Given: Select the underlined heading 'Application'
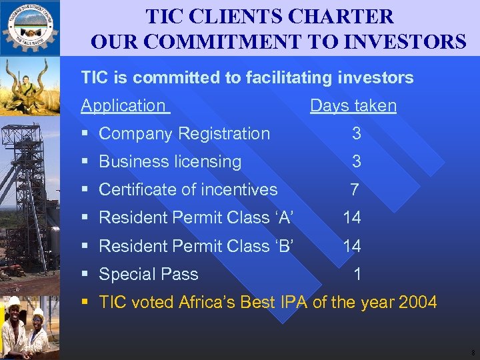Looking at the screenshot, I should click(x=123, y=105).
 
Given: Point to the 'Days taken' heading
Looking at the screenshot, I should click(x=353, y=105).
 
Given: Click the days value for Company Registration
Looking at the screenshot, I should click(x=357, y=133).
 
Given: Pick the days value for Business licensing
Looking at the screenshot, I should click(x=357, y=161).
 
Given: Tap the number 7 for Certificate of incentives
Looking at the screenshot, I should click(x=355, y=189).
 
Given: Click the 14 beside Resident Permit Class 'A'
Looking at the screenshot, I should click(x=352, y=217).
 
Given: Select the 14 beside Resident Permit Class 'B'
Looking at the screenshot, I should click(x=352, y=246).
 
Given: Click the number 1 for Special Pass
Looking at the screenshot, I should click(x=358, y=274).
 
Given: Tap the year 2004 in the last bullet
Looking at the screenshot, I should click(x=417, y=302).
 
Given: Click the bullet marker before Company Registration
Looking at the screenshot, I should click(x=85, y=134).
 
